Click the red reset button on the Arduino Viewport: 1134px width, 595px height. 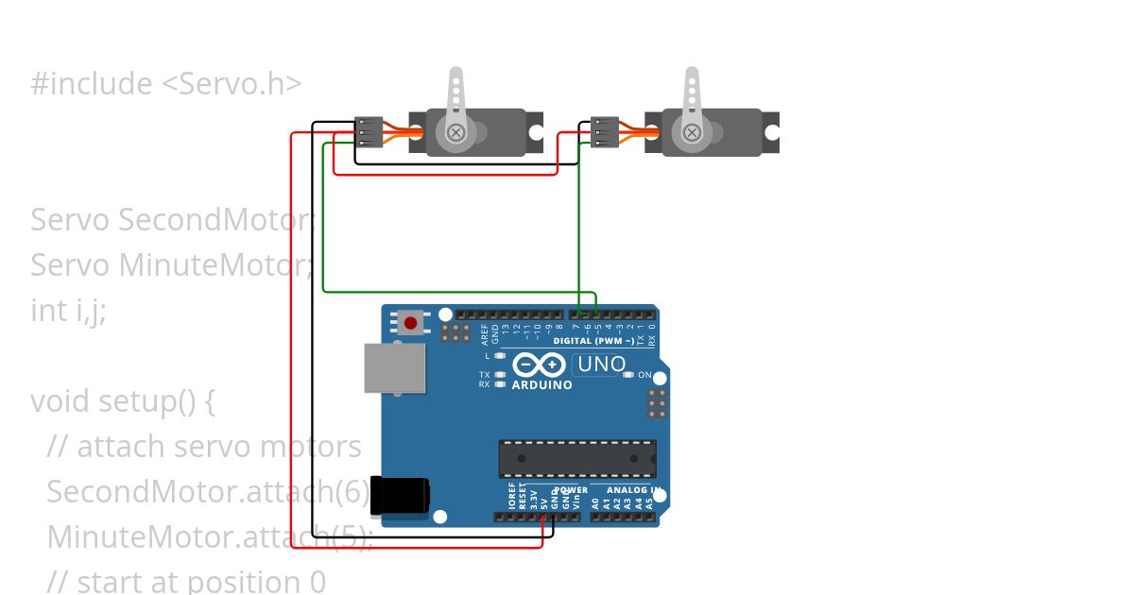(x=411, y=323)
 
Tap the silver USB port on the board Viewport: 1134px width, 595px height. (x=394, y=367)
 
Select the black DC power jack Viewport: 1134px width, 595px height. (x=400, y=496)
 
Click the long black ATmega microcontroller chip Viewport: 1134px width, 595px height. (x=577, y=458)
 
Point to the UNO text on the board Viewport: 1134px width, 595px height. (x=601, y=364)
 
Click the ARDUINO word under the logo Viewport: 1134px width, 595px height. (x=541, y=385)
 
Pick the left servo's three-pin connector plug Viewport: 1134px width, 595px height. (x=369, y=132)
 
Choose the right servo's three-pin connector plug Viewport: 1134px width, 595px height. (x=605, y=132)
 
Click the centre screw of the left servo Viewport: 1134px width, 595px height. (x=455, y=132)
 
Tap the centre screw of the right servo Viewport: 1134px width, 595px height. (x=692, y=132)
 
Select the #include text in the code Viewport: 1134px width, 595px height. (x=91, y=83)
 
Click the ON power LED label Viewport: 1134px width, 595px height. (x=645, y=375)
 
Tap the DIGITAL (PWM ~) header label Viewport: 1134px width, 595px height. (x=593, y=340)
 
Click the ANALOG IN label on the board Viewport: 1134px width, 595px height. (x=628, y=490)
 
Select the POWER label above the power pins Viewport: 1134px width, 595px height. (x=571, y=490)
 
